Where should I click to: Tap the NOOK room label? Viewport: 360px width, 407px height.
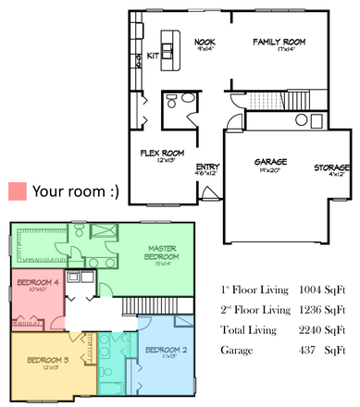click(205, 42)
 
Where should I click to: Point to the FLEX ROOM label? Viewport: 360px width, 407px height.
click(162, 153)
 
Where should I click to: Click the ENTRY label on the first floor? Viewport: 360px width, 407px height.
click(207, 166)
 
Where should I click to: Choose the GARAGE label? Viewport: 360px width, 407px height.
click(271, 163)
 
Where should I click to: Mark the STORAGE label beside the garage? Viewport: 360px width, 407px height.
click(330, 167)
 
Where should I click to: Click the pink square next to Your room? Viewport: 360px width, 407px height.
click(17, 191)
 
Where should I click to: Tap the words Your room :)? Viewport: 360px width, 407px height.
click(76, 191)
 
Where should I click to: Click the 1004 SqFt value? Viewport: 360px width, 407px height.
click(321, 290)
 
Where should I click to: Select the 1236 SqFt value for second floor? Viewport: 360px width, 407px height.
click(321, 310)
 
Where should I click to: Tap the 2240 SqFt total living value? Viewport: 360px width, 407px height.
click(321, 330)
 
